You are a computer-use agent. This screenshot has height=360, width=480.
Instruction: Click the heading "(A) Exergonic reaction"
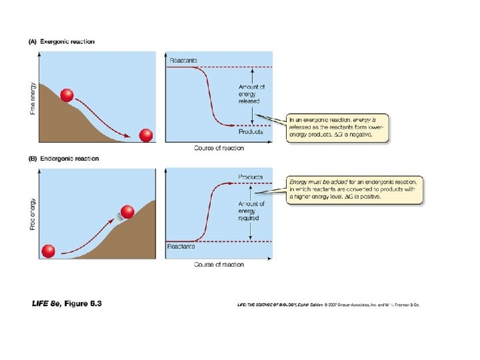click(x=61, y=41)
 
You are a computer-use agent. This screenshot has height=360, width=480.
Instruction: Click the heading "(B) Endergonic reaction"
click(x=63, y=159)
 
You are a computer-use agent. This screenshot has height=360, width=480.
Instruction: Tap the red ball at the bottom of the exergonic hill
click(x=146, y=135)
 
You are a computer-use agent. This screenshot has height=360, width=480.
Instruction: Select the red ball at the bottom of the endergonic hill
click(x=48, y=252)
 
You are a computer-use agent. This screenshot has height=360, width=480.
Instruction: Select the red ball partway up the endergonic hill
click(x=127, y=213)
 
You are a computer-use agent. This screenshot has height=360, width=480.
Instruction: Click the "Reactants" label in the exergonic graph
click(x=183, y=60)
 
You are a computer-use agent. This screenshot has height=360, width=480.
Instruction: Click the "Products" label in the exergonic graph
click(x=251, y=131)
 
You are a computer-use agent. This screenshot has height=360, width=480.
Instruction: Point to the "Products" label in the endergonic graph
click(x=251, y=177)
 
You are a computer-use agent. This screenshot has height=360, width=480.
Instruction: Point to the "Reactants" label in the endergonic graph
click(x=181, y=247)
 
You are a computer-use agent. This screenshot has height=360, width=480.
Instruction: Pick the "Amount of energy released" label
click(x=251, y=94)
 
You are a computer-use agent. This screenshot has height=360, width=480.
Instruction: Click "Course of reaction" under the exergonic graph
click(x=219, y=147)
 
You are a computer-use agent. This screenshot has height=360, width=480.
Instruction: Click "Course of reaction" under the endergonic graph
click(x=219, y=265)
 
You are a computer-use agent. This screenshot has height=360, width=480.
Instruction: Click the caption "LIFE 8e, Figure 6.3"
click(x=67, y=303)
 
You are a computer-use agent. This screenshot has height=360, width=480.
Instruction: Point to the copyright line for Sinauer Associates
click(x=328, y=305)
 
